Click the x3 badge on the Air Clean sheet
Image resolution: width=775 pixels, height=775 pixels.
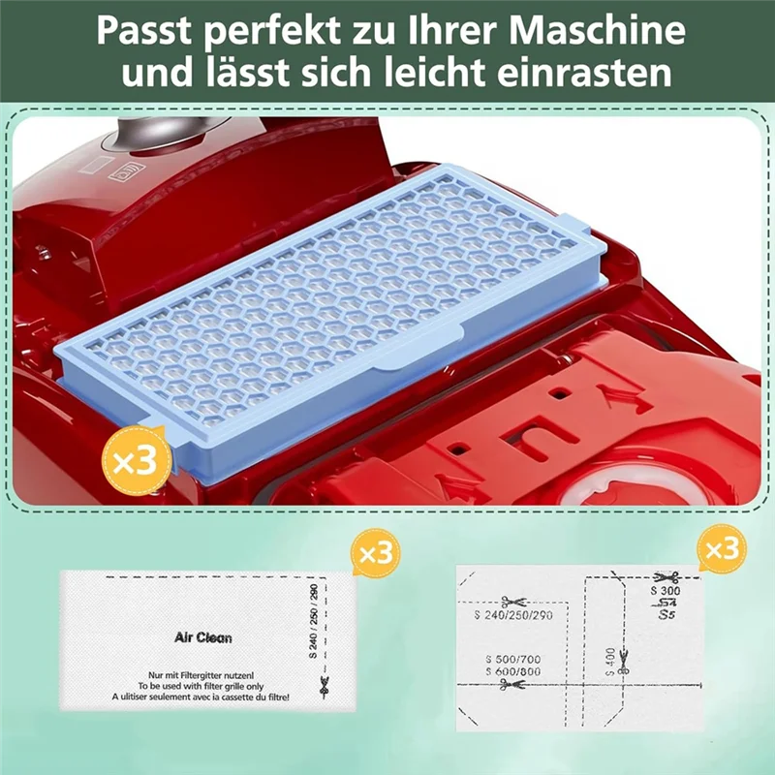click(373, 553)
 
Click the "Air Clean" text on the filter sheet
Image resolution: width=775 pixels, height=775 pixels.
click(202, 638)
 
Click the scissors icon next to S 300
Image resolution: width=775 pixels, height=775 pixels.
click(665, 575)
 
